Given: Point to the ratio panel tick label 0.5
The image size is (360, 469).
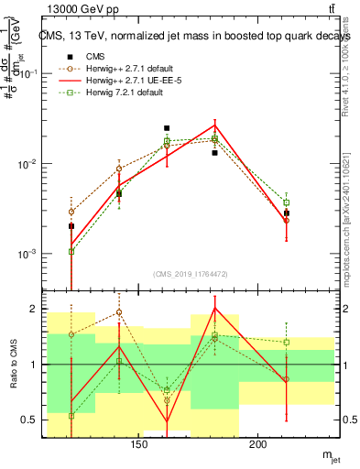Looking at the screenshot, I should pyautogui.click(x=29, y=420).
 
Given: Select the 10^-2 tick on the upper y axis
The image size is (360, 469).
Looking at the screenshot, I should pyautogui.click(x=27, y=164).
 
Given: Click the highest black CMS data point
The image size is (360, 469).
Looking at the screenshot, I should pyautogui.click(x=167, y=128).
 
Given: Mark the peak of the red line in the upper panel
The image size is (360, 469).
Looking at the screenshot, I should pyautogui.click(x=214, y=125).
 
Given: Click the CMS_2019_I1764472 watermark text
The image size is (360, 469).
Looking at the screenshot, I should pyautogui.click(x=191, y=273).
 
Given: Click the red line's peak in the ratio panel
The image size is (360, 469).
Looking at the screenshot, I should pyautogui.click(x=214, y=308).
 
